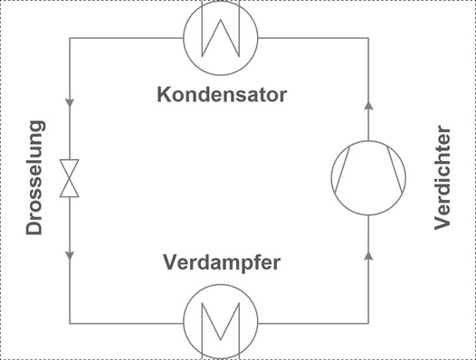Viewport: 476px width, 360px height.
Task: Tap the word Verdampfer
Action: coord(222,263)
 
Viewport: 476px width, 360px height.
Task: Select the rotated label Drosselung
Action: coord(35,178)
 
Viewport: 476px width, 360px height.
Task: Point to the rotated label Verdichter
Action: coord(443,178)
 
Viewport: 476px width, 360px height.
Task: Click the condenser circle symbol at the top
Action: coord(221,36)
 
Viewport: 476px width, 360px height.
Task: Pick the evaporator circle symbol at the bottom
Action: coord(221,321)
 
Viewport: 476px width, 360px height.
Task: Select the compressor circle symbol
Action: coord(368,177)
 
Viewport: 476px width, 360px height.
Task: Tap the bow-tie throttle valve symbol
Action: coord(70,178)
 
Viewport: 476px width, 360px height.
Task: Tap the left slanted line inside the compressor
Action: coord(348,177)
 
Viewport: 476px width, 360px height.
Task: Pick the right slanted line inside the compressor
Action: coord(388,177)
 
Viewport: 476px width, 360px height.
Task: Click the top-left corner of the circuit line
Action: coord(70,37)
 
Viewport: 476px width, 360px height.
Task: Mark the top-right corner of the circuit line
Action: coord(368,37)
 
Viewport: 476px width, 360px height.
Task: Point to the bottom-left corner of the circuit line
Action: coord(70,321)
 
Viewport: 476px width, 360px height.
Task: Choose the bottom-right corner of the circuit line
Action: coord(368,321)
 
